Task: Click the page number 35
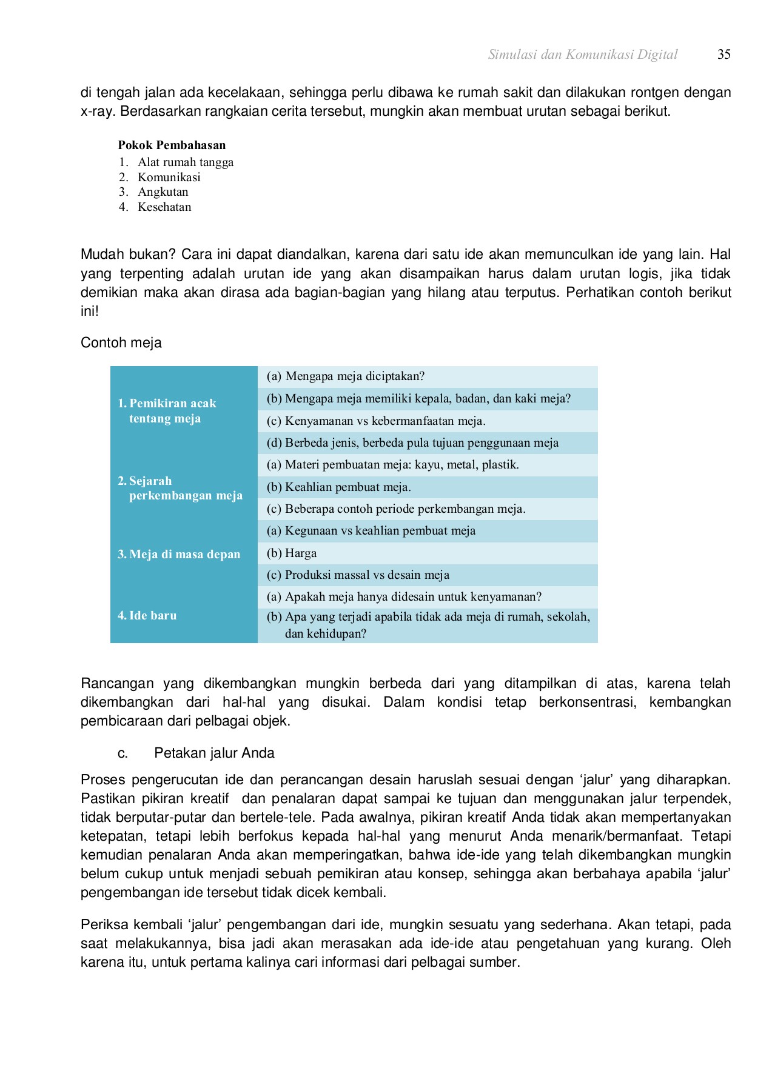pos(723,55)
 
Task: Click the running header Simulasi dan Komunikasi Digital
pos(582,55)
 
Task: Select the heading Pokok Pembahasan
pos(172,145)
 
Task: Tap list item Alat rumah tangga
pos(185,162)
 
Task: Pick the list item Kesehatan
pos(164,207)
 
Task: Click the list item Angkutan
pos(163,192)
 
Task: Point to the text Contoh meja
pos(121,342)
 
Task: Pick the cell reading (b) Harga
pos(292,553)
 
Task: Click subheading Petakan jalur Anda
pos(214,753)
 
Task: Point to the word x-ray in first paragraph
pos(98,112)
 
